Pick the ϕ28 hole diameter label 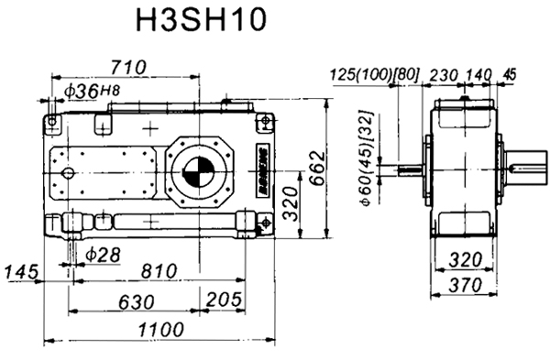[x=102, y=252]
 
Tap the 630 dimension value [x=136, y=301]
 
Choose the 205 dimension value [x=225, y=301]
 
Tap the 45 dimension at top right [x=511, y=74]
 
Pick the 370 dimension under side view [x=465, y=286]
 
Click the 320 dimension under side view [x=466, y=259]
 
